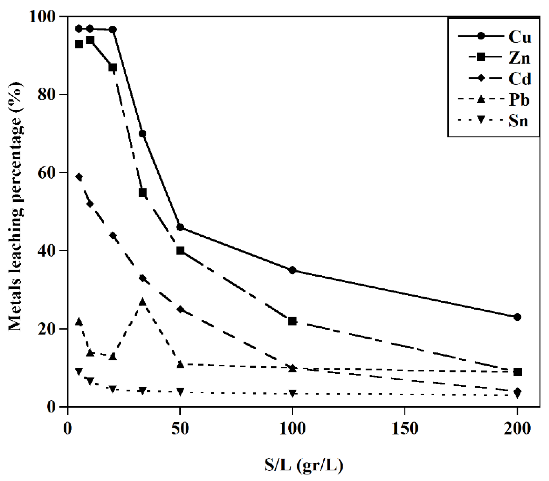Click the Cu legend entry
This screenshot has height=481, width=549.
point(519,36)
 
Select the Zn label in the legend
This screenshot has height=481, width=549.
point(519,58)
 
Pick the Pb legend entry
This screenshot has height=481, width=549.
point(519,100)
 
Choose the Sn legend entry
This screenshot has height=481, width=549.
point(518,121)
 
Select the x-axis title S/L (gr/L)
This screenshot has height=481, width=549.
point(303,466)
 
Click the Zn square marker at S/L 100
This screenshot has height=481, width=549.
point(292,321)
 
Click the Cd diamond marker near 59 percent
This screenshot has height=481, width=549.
point(79,177)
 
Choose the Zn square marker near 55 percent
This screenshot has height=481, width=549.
point(143,193)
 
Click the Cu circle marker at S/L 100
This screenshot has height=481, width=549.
point(292,270)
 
